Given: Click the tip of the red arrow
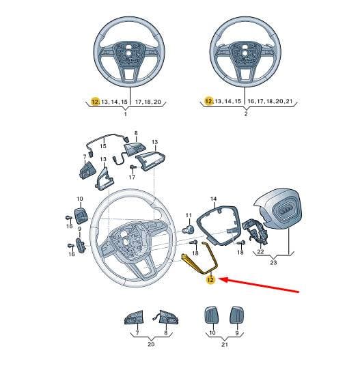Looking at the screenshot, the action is click(x=221, y=279).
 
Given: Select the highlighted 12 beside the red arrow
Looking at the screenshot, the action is click(x=210, y=280).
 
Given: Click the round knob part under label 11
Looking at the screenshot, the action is click(x=189, y=229).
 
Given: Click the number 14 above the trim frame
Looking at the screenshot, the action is click(x=213, y=199).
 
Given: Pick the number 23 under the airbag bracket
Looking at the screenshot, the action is click(x=273, y=262).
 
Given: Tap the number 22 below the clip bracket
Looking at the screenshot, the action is click(x=260, y=251).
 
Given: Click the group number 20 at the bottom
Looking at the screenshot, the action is click(x=151, y=344).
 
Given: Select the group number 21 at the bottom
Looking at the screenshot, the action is click(x=225, y=344).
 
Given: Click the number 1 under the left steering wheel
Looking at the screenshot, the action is click(x=126, y=114).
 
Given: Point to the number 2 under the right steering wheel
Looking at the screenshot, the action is click(x=246, y=113).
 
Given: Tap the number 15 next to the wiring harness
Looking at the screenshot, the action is click(x=103, y=146).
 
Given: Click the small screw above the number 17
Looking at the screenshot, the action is click(x=132, y=167).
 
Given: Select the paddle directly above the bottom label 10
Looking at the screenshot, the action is click(x=212, y=315).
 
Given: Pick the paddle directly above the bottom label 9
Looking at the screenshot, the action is click(x=237, y=315).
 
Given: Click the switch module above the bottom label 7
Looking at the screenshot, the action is click(x=134, y=317).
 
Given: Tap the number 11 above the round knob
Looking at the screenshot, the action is click(x=189, y=215).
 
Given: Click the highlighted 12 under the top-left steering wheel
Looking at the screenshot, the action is click(x=95, y=102).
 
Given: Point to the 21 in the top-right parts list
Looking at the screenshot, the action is click(x=289, y=101).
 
